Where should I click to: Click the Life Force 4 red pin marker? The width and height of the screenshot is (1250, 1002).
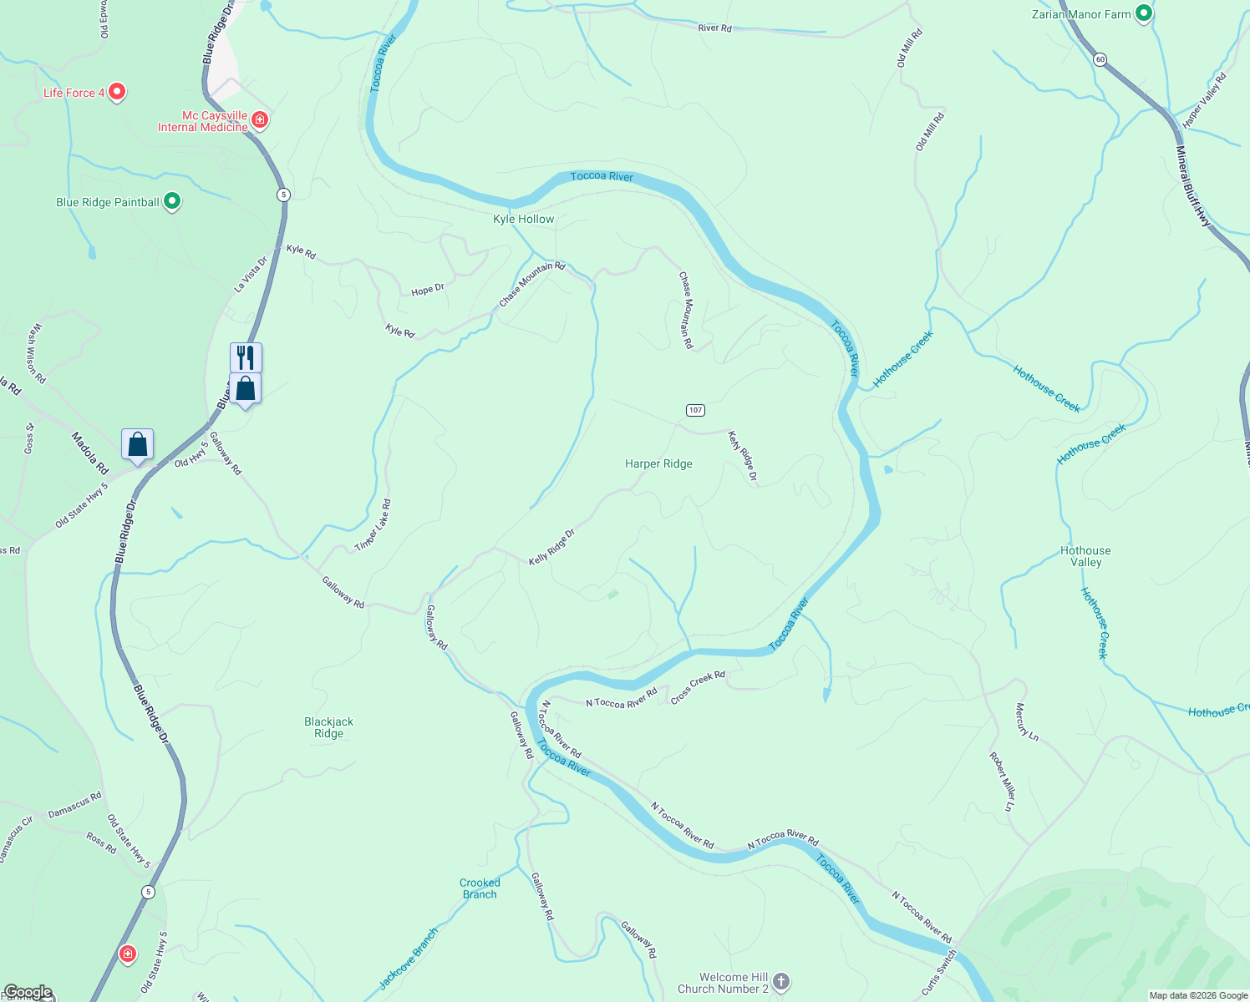pyautogui.click(x=117, y=92)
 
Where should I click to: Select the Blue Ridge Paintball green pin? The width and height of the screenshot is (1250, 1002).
pyautogui.click(x=172, y=201)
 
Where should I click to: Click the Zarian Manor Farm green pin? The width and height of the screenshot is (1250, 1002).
pyautogui.click(x=1144, y=13)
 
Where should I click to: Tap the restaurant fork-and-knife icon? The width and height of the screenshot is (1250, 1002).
pyautogui.click(x=246, y=357)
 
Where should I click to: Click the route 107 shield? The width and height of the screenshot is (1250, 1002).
pyautogui.click(x=695, y=410)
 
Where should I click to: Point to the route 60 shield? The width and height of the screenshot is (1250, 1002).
pyautogui.click(x=1100, y=59)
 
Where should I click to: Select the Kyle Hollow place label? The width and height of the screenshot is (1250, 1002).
pyautogui.click(x=523, y=219)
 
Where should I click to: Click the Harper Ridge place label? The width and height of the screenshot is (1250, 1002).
pyautogui.click(x=658, y=463)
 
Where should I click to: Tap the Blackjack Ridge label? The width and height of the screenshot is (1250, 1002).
pyautogui.click(x=328, y=727)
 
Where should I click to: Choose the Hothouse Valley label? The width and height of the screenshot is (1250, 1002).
pyautogui.click(x=1085, y=556)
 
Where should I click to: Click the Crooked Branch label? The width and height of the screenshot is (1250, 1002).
pyautogui.click(x=480, y=888)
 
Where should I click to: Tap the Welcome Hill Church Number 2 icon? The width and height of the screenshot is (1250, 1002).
pyautogui.click(x=781, y=982)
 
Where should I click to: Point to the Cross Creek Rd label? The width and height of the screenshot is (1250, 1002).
pyautogui.click(x=698, y=686)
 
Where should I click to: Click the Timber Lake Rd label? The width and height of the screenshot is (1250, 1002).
pyautogui.click(x=373, y=525)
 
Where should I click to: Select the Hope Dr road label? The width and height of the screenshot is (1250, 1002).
pyautogui.click(x=427, y=290)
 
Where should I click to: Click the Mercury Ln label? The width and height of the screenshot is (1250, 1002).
pyautogui.click(x=1026, y=722)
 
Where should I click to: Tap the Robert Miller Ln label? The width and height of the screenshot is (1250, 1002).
pyautogui.click(x=1001, y=782)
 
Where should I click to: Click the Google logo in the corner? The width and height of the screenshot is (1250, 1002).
pyautogui.click(x=27, y=993)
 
